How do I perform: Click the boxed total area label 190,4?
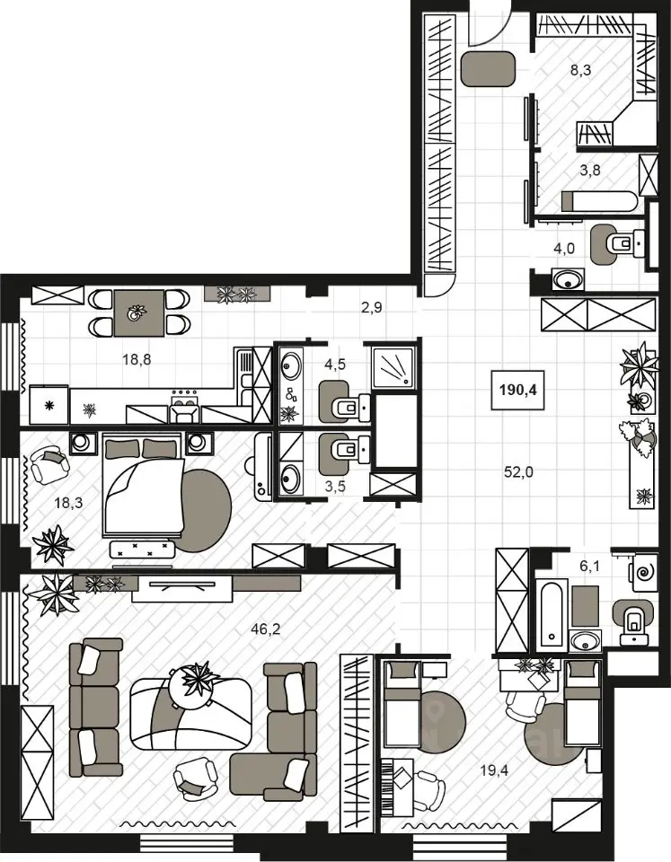(518, 391)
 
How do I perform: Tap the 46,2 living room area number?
(266, 629)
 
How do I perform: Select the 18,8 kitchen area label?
(137, 359)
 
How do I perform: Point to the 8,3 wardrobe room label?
(580, 70)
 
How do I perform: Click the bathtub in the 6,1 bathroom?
(552, 615)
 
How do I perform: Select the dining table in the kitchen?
(138, 313)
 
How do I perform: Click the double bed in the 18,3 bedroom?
(143, 484)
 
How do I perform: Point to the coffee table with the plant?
(190, 714)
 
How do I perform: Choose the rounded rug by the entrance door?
(488, 69)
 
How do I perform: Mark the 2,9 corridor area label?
(372, 308)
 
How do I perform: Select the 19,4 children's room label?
(494, 770)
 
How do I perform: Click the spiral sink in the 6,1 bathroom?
(644, 572)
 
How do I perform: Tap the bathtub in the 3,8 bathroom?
(599, 201)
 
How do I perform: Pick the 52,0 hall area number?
(518, 471)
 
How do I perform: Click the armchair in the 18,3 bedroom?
(49, 464)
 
